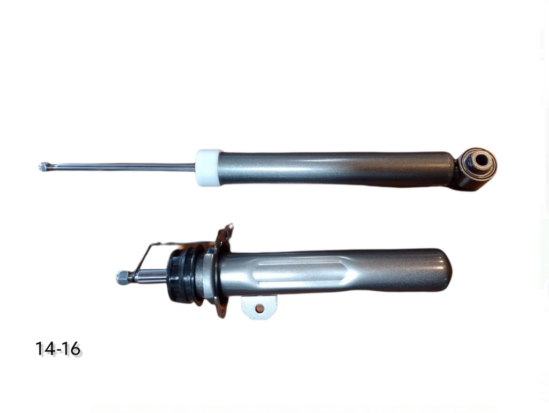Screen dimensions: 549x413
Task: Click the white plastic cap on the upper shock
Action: pyautogui.click(x=209, y=167)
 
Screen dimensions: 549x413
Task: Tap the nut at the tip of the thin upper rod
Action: pyautogui.click(x=43, y=167)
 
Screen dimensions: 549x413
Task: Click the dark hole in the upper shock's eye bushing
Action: pyautogui.click(x=482, y=160)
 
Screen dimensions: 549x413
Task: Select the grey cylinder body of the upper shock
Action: pyautogui.click(x=336, y=168)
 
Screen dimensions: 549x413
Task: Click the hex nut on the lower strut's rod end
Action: pyautogui.click(x=123, y=277)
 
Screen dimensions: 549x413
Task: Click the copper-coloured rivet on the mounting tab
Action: pyautogui.click(x=260, y=308)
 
